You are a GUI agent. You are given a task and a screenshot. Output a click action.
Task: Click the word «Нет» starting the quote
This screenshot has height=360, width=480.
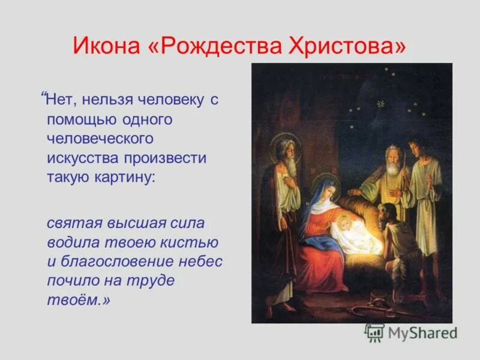[62, 100]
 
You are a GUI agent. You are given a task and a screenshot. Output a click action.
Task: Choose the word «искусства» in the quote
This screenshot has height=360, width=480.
[83, 158]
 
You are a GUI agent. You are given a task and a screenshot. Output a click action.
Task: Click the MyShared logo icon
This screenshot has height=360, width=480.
[374, 332]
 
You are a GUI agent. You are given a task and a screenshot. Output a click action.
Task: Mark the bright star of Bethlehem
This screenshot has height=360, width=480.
[379, 103]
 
